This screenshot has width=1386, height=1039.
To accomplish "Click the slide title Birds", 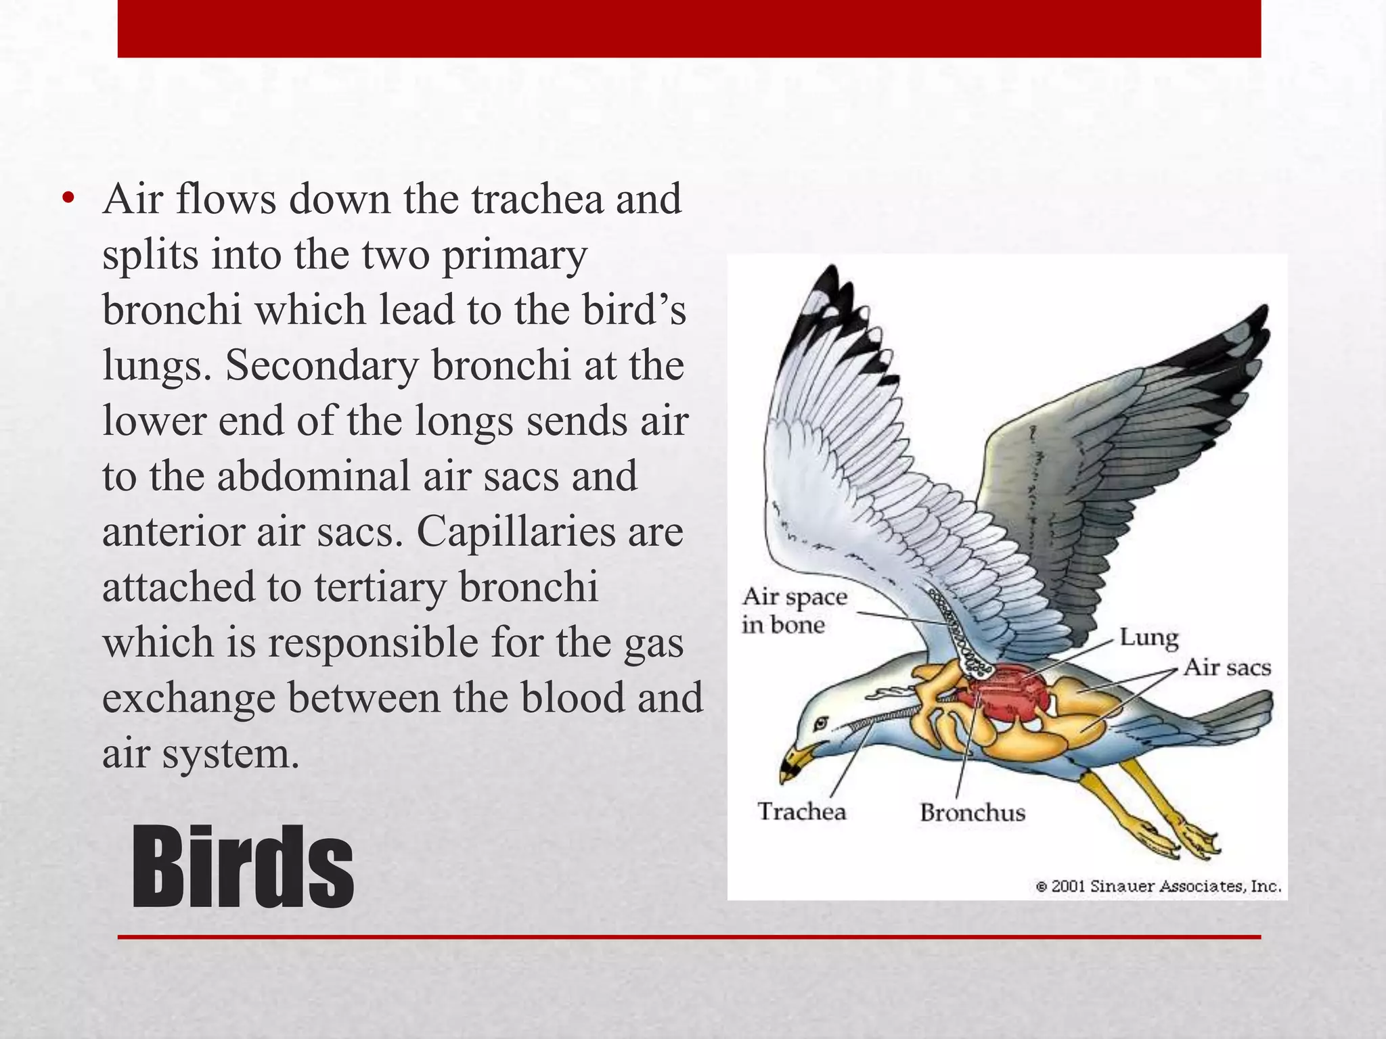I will pos(242,867).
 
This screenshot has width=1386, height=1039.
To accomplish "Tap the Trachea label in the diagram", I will pos(801,811).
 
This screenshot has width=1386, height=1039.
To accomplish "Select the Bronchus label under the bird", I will pos(973,812).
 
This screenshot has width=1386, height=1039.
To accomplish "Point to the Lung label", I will pos(1148,637).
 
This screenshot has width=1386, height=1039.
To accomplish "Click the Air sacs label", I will pos(1227,668).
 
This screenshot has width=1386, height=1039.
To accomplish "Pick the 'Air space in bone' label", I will pos(793,610).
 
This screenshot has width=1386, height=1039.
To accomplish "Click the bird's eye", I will pos(820,723).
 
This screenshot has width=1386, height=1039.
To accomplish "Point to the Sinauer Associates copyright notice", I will pos(1158,886).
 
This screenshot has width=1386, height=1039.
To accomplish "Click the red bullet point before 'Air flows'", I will pos(67,199).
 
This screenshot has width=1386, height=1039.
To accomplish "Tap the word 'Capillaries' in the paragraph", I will pos(516,532).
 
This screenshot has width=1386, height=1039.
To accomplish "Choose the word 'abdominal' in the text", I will pos(313,476).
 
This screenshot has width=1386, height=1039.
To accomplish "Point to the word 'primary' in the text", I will pos(515,256).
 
